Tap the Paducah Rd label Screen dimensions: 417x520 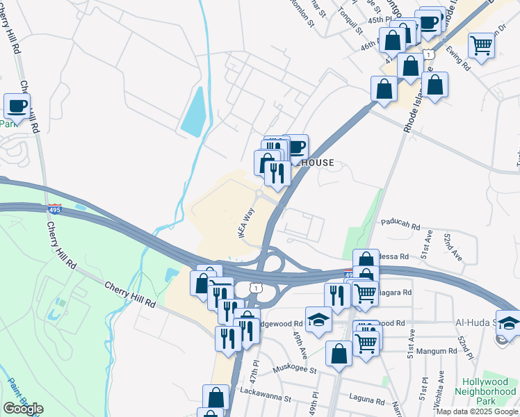[x=400, y=225]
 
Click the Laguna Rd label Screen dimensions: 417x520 [x=368, y=401]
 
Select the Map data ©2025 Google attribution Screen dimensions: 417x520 [x=477, y=411]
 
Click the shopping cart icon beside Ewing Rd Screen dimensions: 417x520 [x=481, y=46]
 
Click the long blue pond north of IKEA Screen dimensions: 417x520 [x=193, y=111]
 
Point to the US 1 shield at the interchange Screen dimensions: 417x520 [x=258, y=287]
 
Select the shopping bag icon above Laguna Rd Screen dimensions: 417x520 [x=339, y=354]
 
